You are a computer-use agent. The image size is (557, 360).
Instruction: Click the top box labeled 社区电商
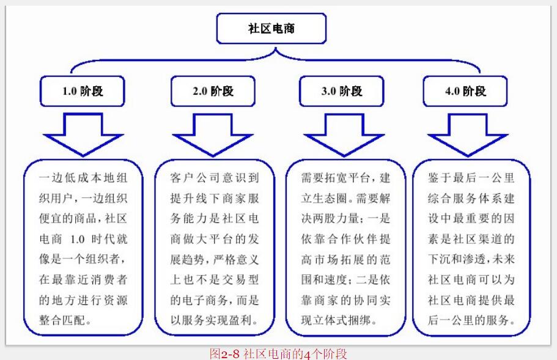tap(271, 29)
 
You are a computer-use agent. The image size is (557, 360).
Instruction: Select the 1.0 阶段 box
tap(83, 91)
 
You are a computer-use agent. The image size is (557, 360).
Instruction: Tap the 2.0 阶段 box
tap(212, 91)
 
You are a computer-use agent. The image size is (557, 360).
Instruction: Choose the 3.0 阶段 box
tap(341, 91)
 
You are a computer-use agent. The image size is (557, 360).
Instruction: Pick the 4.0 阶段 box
tap(465, 91)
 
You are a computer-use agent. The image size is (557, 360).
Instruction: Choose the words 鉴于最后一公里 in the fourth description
tap(471, 179)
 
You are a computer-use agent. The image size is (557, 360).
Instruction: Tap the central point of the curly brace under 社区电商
tap(273, 51)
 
